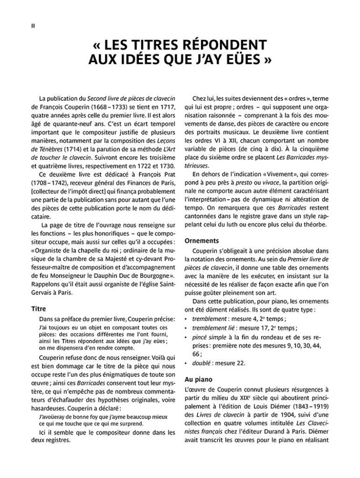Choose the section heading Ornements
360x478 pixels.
click(x=202, y=241)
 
